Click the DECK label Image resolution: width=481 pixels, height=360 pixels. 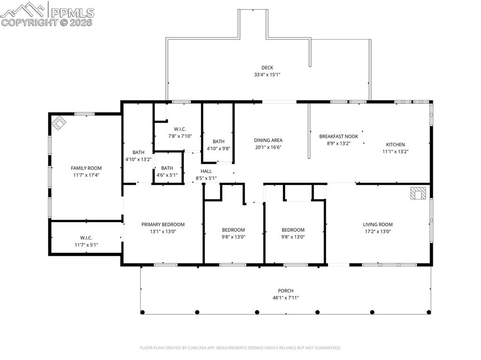point(267,68)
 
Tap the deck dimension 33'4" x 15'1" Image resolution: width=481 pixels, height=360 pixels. point(267,75)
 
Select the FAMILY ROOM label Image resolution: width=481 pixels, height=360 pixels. point(86,168)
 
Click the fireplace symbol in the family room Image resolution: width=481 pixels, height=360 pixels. point(59,123)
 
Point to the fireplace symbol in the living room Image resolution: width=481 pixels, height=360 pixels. point(418,193)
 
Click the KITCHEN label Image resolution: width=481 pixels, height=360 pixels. point(396,145)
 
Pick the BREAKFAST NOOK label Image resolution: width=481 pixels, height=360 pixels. point(339,137)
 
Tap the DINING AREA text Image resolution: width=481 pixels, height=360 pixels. point(268,140)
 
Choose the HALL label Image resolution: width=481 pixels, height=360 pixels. point(206,171)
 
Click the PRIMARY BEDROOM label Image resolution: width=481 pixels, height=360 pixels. point(163,224)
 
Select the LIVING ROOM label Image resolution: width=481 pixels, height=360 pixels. point(378,224)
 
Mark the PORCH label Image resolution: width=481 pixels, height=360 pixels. point(286,291)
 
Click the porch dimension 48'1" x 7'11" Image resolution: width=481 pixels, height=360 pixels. point(286,298)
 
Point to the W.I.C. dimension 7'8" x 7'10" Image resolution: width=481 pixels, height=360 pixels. point(180,136)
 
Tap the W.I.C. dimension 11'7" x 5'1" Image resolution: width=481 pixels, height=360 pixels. point(86,245)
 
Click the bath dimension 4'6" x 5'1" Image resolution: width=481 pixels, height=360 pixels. point(167,176)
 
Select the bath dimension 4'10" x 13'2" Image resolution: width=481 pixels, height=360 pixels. point(139,160)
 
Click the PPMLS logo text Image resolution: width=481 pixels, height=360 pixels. point(72,13)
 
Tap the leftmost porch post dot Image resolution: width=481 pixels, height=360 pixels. point(142,312)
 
